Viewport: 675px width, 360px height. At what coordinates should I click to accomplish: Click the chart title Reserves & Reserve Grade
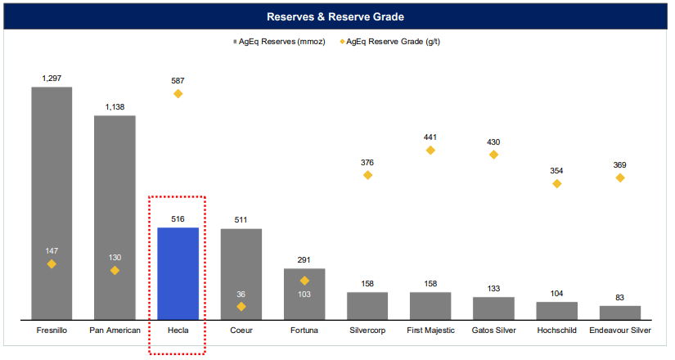tap(337, 16)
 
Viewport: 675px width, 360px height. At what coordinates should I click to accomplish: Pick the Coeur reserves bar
tap(241, 273)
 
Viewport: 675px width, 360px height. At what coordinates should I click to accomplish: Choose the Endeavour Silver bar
tap(620, 312)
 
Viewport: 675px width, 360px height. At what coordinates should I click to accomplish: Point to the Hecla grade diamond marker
tap(178, 94)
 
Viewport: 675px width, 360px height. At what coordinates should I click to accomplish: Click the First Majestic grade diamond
tap(430, 150)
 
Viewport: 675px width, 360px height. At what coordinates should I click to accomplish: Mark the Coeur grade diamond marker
tap(241, 306)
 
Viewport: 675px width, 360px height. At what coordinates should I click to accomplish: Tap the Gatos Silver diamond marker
tap(493, 154)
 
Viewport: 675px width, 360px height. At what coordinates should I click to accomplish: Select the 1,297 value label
tap(52, 78)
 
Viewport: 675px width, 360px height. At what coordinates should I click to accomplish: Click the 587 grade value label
tap(178, 80)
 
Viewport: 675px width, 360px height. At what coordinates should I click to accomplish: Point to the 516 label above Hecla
tap(178, 219)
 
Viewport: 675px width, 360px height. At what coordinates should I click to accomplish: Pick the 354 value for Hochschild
tap(557, 170)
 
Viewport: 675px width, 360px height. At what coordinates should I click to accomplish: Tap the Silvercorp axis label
tap(367, 331)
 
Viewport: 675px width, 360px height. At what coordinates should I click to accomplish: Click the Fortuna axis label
tap(304, 331)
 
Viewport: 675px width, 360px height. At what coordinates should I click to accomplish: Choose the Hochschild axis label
tap(557, 331)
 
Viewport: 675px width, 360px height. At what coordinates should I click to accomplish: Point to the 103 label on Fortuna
tap(304, 294)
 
